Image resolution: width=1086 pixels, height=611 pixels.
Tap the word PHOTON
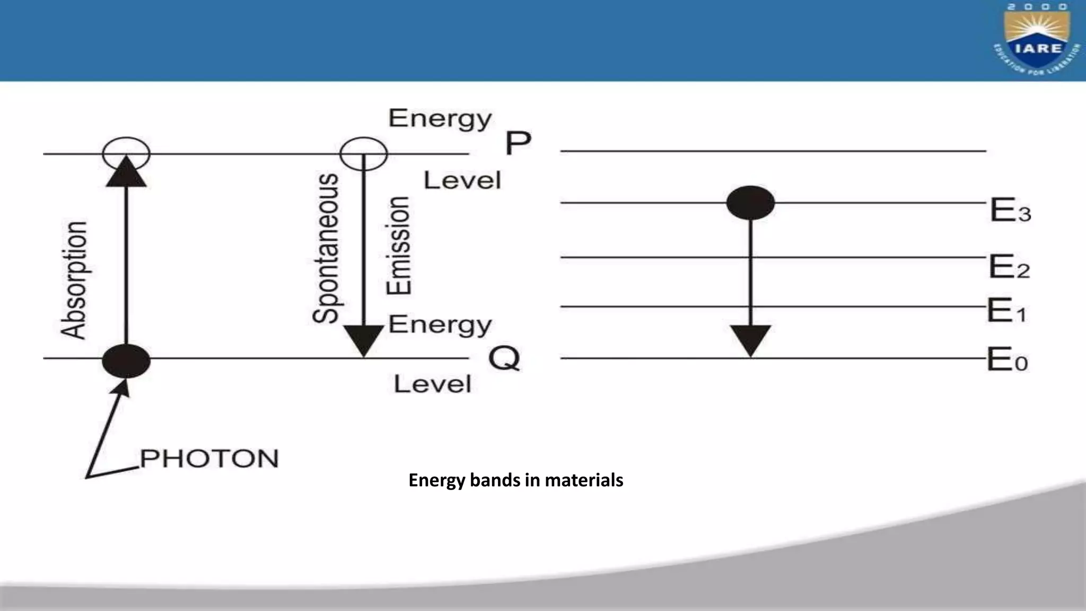(x=209, y=459)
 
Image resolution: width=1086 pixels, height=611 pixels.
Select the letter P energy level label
(x=518, y=143)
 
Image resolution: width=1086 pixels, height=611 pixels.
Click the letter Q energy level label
(x=504, y=359)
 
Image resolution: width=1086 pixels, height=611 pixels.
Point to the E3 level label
(x=1010, y=210)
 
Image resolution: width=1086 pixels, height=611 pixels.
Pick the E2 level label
(x=1009, y=266)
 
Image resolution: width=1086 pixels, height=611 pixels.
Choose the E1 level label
(x=1006, y=311)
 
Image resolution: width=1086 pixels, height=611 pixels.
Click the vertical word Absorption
(x=74, y=280)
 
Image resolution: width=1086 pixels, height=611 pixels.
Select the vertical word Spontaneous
(x=325, y=248)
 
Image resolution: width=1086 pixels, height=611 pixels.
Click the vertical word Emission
(x=398, y=246)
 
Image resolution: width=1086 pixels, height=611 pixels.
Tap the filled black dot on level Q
(x=126, y=361)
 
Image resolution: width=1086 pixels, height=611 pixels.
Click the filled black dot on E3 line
(x=750, y=203)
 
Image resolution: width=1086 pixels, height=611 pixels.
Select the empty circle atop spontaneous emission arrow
(x=364, y=154)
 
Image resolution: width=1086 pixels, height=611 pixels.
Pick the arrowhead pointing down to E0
(x=750, y=341)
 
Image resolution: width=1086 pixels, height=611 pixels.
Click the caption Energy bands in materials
(x=515, y=480)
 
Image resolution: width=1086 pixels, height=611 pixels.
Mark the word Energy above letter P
(x=440, y=119)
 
